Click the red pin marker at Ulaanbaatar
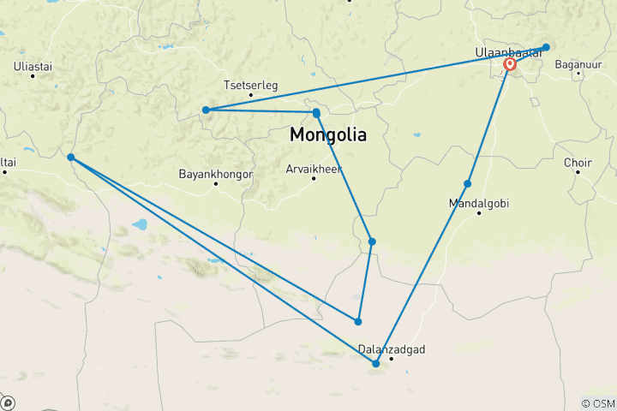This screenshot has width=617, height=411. click(x=510, y=64)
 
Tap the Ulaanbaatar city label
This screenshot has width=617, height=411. click(x=508, y=53)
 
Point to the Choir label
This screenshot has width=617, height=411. click(x=578, y=162)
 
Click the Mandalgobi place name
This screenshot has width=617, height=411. click(x=479, y=203)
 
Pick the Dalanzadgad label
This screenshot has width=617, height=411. click(x=392, y=349)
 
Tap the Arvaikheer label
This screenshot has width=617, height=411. click(x=314, y=169)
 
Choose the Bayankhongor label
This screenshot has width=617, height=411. click(x=216, y=174)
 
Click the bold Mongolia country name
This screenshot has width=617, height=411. click(x=328, y=134)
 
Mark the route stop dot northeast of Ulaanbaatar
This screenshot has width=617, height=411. click(x=546, y=47)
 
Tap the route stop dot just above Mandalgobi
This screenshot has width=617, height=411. click(x=468, y=184)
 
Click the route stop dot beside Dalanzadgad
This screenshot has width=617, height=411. click(x=376, y=364)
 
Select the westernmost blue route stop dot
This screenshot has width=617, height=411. click(x=70, y=158)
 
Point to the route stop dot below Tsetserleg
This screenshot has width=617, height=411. click(x=206, y=110)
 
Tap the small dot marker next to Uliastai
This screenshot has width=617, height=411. click(x=33, y=76)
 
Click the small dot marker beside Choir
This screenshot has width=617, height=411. click(x=578, y=172)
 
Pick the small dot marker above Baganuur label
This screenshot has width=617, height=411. click(x=580, y=74)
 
